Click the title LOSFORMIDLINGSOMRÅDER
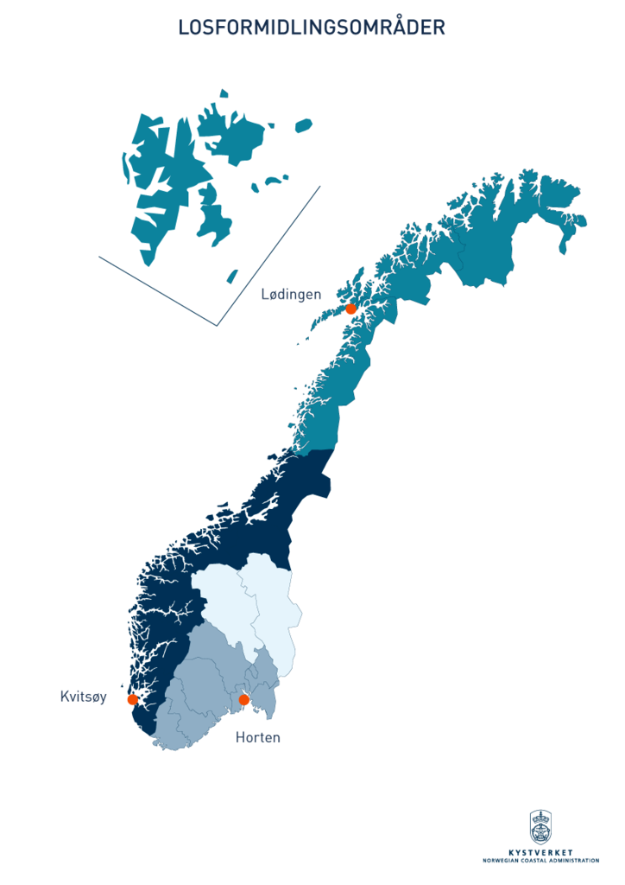point(312,28)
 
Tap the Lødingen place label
point(291,295)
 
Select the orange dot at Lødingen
point(350,309)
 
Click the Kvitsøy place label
point(84,697)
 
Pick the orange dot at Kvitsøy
point(132,699)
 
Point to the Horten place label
point(257,738)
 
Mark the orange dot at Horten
point(243,699)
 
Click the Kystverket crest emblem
point(540,828)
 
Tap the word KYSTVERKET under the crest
point(540,853)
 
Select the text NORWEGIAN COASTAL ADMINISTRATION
point(540,861)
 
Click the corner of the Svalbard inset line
point(216,326)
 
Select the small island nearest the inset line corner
point(231,277)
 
